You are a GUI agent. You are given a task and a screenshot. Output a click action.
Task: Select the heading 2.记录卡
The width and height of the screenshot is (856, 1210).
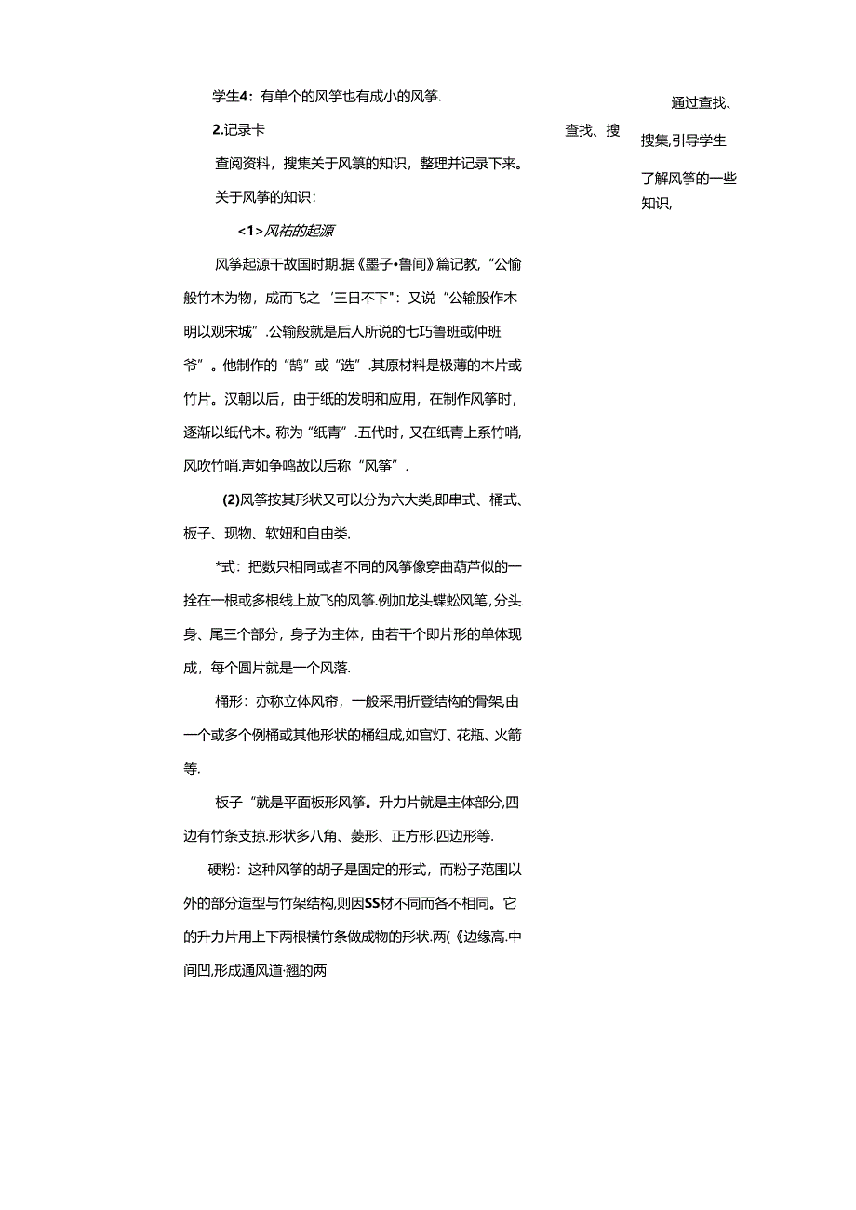click(x=238, y=130)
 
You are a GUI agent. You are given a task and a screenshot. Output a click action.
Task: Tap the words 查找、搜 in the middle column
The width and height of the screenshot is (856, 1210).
click(x=592, y=130)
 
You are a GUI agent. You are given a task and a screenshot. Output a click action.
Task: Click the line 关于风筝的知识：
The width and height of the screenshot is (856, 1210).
click(x=266, y=197)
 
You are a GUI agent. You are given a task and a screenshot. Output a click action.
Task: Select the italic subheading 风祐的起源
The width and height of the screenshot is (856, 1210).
click(x=300, y=231)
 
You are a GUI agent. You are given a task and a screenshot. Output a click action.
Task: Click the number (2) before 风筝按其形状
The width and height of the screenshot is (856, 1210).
click(x=231, y=499)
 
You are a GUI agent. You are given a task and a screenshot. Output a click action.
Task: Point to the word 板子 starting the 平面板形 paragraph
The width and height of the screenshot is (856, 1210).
click(x=228, y=802)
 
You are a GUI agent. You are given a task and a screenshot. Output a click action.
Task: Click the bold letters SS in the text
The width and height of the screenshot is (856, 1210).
click(x=374, y=903)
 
